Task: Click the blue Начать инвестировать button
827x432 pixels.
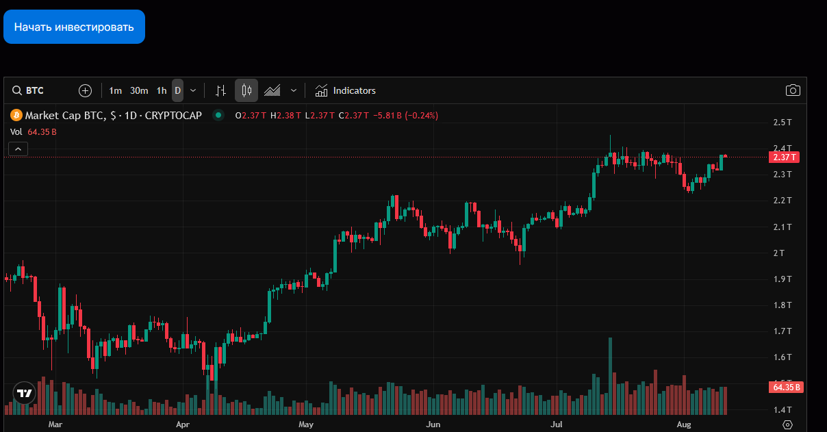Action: point(74,27)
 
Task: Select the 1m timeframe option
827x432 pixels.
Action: point(115,90)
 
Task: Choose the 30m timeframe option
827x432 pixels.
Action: point(139,90)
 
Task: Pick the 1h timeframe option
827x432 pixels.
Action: point(162,90)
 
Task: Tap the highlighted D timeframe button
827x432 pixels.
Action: point(177,90)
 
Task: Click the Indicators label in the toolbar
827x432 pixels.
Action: point(354,90)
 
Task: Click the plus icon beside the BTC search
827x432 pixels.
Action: point(85,90)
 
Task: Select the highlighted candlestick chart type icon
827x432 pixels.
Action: point(246,90)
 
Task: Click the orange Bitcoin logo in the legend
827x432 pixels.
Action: point(15,115)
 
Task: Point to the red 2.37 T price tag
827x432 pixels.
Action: point(784,157)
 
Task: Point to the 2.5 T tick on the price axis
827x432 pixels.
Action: point(783,123)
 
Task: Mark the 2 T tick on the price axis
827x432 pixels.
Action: point(779,253)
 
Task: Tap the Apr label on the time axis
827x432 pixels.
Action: point(183,424)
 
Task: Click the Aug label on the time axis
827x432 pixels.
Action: point(684,424)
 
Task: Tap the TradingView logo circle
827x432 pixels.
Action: point(25,393)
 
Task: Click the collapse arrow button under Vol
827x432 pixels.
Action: point(18,149)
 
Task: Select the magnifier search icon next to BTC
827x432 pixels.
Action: point(16,90)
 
